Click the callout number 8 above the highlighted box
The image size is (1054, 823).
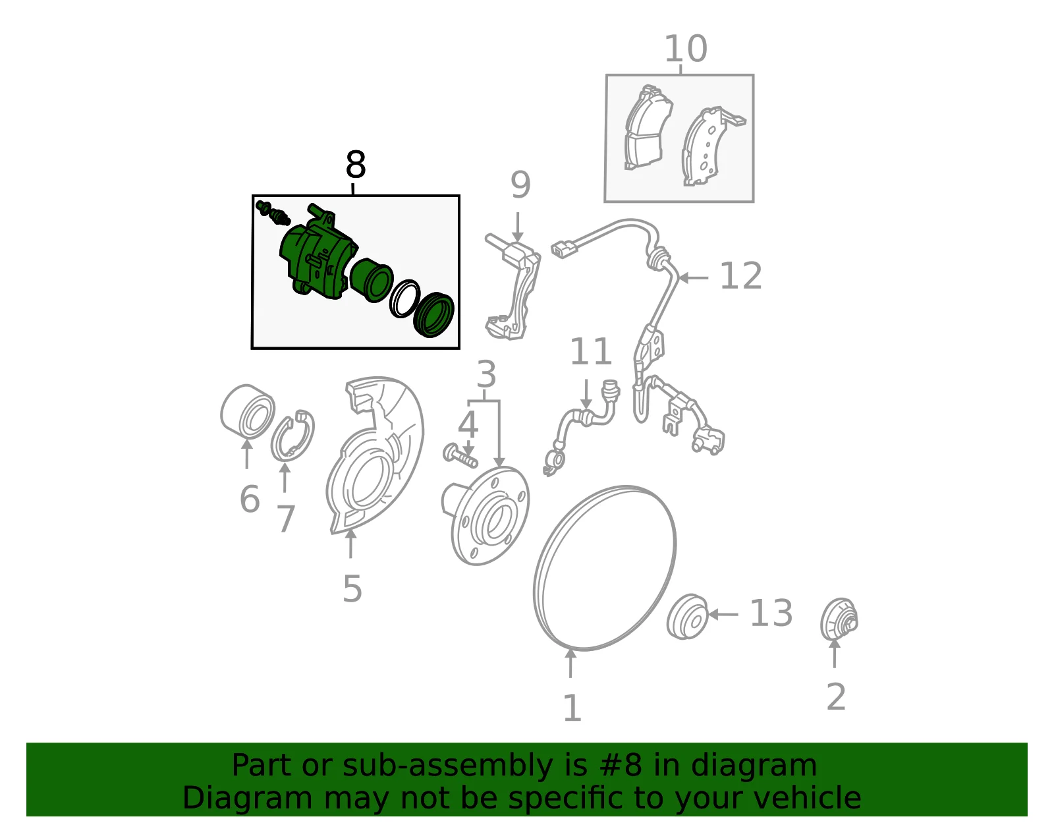click(x=356, y=164)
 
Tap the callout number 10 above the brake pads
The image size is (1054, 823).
click(x=685, y=49)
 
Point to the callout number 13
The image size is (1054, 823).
click(x=771, y=613)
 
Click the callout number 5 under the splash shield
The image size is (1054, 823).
click(x=352, y=589)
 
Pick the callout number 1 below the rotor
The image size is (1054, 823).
click(x=572, y=708)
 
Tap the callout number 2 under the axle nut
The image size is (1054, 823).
click(x=836, y=697)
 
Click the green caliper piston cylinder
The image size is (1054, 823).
click(x=371, y=280)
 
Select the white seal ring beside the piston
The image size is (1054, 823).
click(x=404, y=298)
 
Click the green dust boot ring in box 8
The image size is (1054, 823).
click(x=433, y=315)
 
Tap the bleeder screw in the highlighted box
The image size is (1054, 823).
click(x=273, y=213)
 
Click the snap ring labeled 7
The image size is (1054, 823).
click(x=292, y=436)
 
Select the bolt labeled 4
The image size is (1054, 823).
click(x=460, y=455)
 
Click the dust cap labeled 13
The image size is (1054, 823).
click(x=687, y=616)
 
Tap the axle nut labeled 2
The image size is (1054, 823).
click(x=839, y=619)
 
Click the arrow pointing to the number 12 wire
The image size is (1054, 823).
click(x=694, y=278)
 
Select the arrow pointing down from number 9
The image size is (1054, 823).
click(x=518, y=227)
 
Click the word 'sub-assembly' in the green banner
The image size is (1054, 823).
click(x=448, y=765)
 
